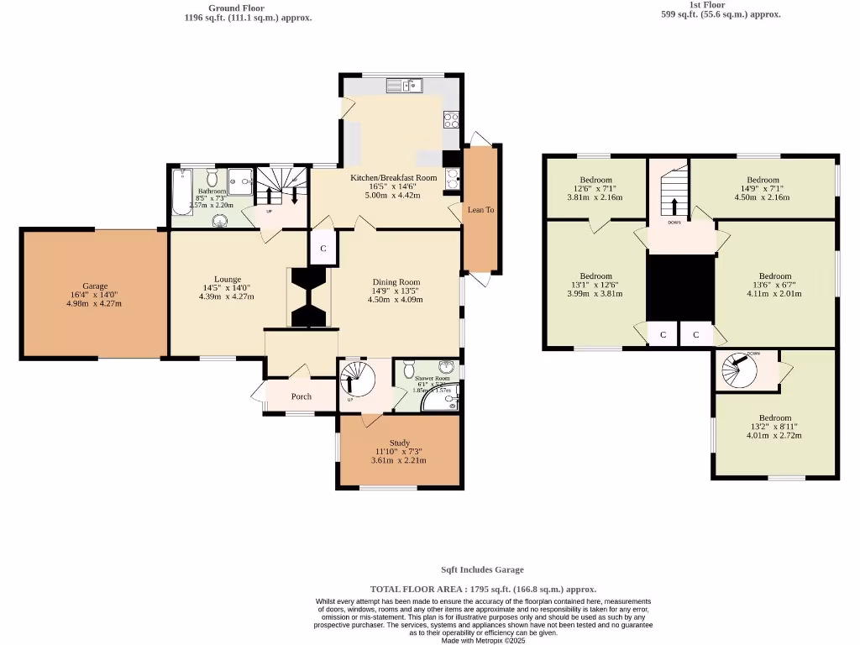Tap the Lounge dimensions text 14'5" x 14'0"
[x=227, y=288]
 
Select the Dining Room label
[x=396, y=282]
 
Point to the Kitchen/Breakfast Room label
[x=394, y=178]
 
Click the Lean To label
[x=480, y=209]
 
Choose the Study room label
[x=399, y=443]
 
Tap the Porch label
[x=301, y=396]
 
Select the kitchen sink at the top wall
[x=406, y=85]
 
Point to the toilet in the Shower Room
[x=409, y=369]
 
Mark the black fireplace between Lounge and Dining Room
[x=310, y=296]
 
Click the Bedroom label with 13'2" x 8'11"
[x=775, y=418]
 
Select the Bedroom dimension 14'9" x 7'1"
[x=763, y=189]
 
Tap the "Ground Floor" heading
[x=236, y=8]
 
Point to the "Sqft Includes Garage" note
[x=483, y=569]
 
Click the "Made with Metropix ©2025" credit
[x=483, y=640]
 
